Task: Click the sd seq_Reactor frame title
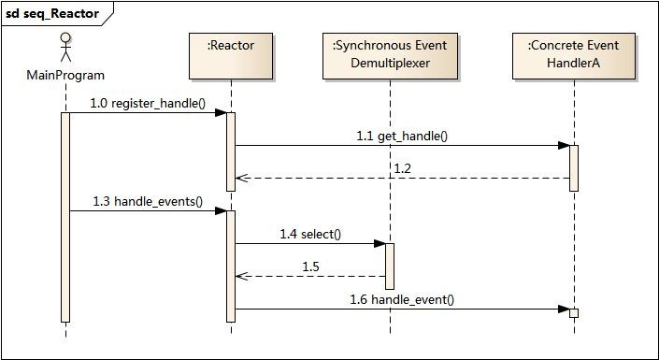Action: click(52, 14)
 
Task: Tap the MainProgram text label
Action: click(65, 75)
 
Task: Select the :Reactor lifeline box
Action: click(230, 56)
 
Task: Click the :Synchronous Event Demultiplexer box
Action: click(390, 56)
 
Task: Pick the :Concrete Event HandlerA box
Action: click(573, 56)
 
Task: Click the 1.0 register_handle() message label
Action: click(148, 103)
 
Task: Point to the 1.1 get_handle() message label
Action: click(402, 136)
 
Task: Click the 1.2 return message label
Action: click(402, 168)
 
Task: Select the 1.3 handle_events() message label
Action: click(148, 201)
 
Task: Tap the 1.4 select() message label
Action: click(310, 234)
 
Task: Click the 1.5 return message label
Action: click(310, 266)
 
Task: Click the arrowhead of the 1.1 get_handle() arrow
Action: click(564, 145)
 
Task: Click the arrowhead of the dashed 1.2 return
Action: click(239, 178)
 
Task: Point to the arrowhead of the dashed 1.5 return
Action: click(239, 276)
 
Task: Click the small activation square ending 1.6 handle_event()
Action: click(574, 312)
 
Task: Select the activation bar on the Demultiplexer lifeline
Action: click(390, 266)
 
